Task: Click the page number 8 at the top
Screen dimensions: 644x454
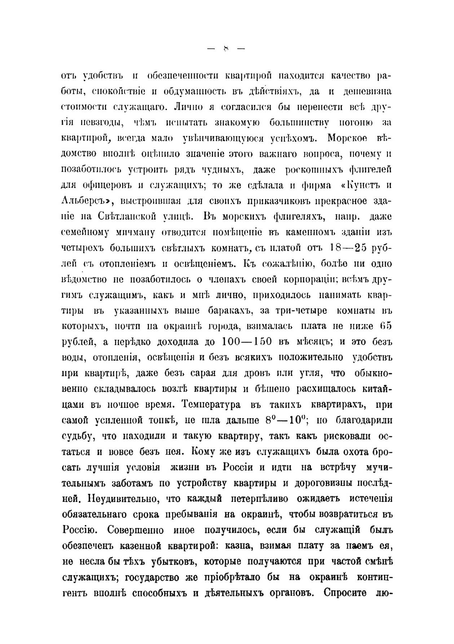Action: click(x=226, y=49)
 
